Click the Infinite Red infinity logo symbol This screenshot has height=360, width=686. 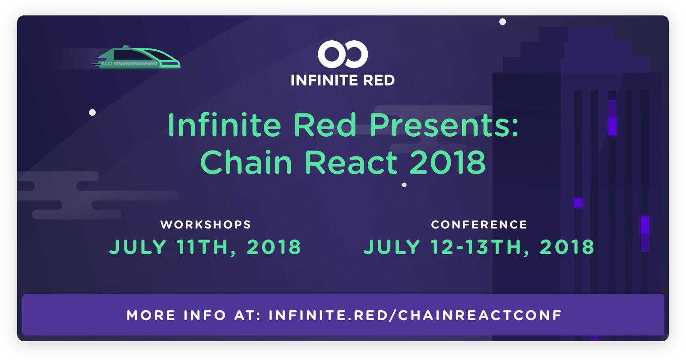[343, 54]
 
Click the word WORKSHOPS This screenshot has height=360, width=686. [206, 225]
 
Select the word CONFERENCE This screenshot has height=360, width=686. [479, 225]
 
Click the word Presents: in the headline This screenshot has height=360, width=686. [444, 125]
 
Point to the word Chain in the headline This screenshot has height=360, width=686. [246, 162]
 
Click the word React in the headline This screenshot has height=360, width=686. [351, 162]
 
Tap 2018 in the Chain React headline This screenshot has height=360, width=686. [448, 162]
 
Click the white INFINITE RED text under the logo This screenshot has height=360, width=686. [343, 80]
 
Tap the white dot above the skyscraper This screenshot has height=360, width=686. [502, 22]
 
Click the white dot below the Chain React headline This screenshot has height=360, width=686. [404, 185]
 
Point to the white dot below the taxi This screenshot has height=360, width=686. [92, 112]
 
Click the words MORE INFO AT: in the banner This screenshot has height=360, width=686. [194, 315]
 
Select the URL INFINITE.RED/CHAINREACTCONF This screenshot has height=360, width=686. [415, 315]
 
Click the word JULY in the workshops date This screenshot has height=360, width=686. [138, 247]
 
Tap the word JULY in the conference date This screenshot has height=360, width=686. [392, 247]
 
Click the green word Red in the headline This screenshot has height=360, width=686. [325, 125]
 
